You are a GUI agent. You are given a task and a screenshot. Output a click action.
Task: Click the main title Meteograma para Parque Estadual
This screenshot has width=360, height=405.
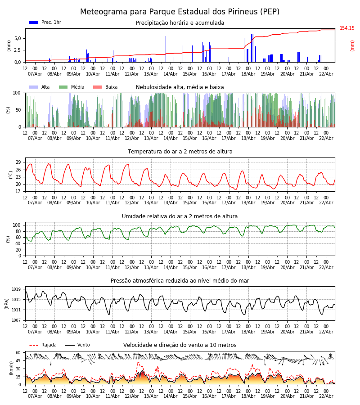click(x=180, y=12)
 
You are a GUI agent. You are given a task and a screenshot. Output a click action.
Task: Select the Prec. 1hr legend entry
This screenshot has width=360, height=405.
click(x=45, y=22)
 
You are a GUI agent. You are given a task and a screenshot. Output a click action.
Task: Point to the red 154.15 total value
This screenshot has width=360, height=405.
click(x=347, y=28)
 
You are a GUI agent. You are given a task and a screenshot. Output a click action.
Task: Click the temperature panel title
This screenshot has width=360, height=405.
click(x=180, y=152)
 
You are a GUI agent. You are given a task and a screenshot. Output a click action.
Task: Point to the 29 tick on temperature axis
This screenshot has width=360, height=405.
click(x=18, y=162)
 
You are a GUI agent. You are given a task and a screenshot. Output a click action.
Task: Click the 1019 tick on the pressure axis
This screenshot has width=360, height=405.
click(x=17, y=289)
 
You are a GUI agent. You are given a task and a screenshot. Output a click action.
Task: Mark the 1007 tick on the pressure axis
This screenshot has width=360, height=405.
click(x=17, y=320)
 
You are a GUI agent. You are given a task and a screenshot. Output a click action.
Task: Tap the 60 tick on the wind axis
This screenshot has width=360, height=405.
click(x=18, y=353)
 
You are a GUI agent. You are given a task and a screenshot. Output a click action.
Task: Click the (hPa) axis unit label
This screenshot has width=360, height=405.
click(x=7, y=303)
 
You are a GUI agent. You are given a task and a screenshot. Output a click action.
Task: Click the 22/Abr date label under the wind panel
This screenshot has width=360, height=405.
click(x=326, y=396)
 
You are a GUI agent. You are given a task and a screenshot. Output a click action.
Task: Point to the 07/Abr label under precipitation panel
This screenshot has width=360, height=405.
click(x=35, y=74)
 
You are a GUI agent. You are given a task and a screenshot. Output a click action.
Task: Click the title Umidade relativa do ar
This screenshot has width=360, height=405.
click(x=180, y=216)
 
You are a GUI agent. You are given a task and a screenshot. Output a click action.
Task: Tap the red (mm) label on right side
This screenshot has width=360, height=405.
click(x=352, y=45)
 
